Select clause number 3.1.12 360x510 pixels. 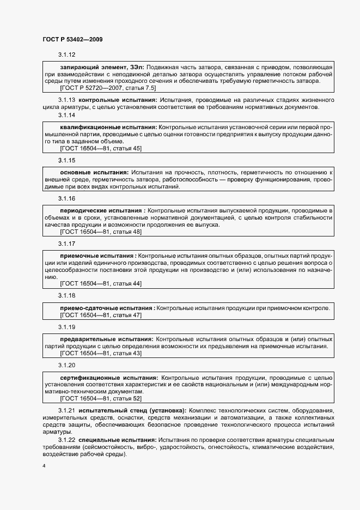pos(66,54)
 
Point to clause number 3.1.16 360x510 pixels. pos(66,198)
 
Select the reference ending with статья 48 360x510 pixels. pos(101,232)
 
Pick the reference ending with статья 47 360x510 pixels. pos(101,315)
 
